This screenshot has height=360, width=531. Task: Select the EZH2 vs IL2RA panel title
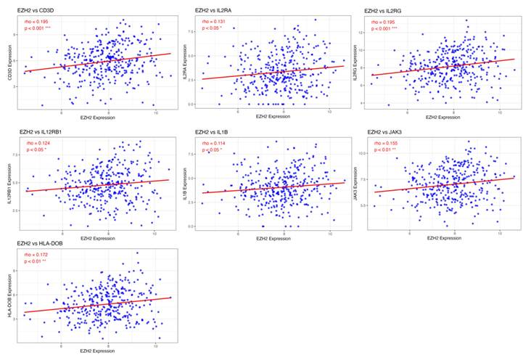[x=214, y=11]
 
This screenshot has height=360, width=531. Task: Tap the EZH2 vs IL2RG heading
[x=387, y=10]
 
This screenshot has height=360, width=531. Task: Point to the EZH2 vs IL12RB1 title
[x=41, y=131]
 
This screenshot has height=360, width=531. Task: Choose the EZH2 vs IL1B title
[x=212, y=131]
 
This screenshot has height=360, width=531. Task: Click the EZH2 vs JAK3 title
[x=384, y=131]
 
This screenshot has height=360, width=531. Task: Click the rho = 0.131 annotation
[x=212, y=22]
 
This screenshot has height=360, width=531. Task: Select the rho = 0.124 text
[x=38, y=143]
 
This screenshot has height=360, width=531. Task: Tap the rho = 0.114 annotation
[x=212, y=143]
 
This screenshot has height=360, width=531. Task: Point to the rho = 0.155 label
[x=384, y=144]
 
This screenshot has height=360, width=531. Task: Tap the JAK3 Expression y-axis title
[x=355, y=183]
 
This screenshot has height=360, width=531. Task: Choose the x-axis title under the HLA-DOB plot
[x=97, y=351]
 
